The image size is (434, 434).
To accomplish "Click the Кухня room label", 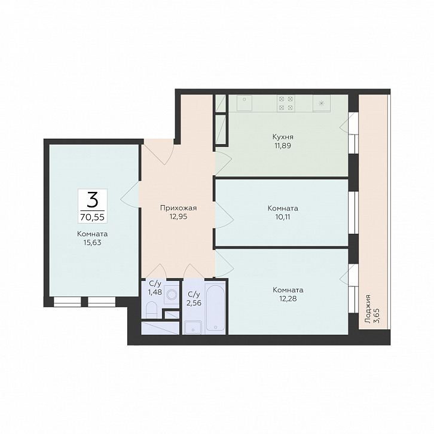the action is (x=283, y=137).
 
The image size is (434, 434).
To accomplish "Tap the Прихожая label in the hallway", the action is (x=179, y=208).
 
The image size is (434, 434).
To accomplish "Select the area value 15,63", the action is (x=93, y=243).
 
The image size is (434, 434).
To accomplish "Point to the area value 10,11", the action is (x=283, y=217).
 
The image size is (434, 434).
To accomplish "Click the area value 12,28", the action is (x=288, y=298).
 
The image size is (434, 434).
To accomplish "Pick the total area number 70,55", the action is (x=93, y=217).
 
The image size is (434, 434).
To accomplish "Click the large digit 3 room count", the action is (x=93, y=200).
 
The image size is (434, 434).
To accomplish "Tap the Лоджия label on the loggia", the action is (x=368, y=309).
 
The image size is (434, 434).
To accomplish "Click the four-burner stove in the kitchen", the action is (x=286, y=103).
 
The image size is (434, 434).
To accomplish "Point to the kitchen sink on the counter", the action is (x=244, y=103).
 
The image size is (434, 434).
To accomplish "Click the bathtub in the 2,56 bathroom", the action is (x=215, y=307).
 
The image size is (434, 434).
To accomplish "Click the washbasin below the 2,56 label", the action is (x=193, y=328).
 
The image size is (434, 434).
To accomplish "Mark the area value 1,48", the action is (x=155, y=292).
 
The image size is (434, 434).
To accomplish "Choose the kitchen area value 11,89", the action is (x=283, y=146).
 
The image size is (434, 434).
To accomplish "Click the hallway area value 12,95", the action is (x=179, y=216).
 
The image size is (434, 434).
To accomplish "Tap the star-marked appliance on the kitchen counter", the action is (x=322, y=103).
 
